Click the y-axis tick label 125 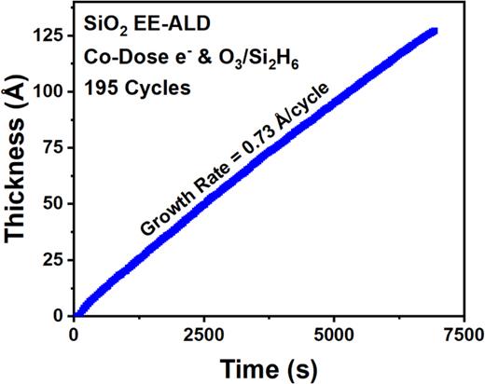(50, 35)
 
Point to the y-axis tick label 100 (50, 91)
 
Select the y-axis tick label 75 (55, 147)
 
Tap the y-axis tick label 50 (55, 203)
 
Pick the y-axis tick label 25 (55, 259)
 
